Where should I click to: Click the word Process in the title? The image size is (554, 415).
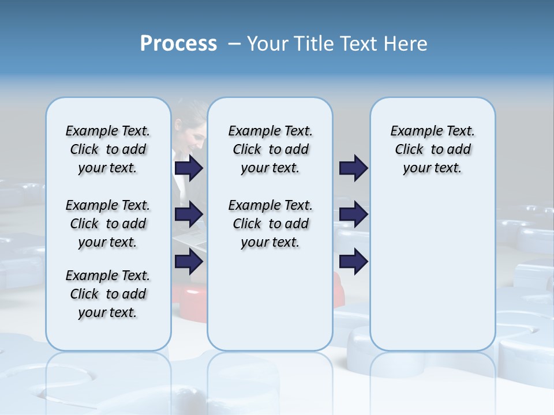178,44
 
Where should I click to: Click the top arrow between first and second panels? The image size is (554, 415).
189,168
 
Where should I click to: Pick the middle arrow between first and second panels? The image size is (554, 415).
189,214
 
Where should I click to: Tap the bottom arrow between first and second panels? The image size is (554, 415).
189,262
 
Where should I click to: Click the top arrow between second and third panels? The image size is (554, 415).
353,168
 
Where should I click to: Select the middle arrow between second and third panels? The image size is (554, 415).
353,214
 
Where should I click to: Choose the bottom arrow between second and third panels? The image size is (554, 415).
353,262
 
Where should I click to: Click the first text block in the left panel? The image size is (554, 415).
108,149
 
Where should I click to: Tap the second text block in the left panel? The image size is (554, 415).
108,224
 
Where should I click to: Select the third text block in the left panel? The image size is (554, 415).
108,294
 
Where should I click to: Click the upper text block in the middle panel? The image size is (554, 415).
270,149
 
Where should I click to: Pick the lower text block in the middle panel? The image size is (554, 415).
270,224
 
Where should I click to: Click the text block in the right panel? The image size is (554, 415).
432,149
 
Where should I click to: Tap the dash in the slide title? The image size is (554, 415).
234,44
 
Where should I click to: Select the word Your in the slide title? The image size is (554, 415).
268,44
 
